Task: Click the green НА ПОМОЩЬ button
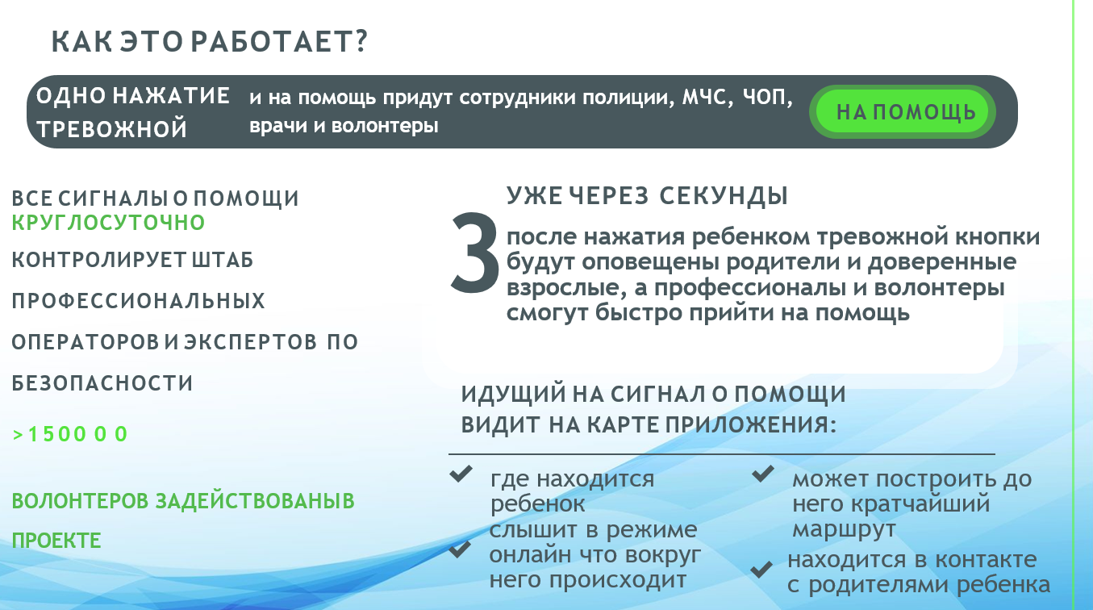pos(902,111)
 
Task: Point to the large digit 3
pos(474,253)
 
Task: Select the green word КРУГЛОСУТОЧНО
pos(108,223)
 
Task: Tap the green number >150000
pos(70,434)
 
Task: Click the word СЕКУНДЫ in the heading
pos(724,196)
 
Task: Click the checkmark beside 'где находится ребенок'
pos(461,474)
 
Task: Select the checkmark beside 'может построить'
pos(762,474)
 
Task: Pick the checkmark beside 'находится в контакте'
pos(761,570)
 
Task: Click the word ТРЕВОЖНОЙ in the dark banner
pos(112,129)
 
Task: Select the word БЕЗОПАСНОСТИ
pos(102,383)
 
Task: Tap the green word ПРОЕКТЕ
pos(56,541)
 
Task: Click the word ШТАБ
pos(223,260)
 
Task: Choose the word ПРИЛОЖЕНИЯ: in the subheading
pos(751,424)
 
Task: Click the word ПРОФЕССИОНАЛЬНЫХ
pos(139,301)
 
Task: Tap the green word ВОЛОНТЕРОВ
pos(80,501)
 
